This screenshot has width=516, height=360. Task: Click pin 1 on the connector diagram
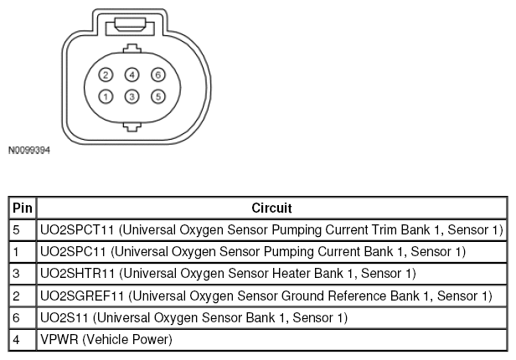point(106,96)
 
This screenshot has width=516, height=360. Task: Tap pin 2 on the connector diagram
point(106,75)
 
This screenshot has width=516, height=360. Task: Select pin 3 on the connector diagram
point(132,96)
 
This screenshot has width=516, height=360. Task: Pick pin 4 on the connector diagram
point(132,75)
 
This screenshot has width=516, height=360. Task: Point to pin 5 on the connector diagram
point(158,96)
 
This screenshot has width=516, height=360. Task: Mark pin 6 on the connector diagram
point(158,75)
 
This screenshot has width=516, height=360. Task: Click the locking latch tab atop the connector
point(130,25)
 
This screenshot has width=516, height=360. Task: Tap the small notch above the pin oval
point(132,49)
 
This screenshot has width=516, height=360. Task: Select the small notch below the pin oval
point(132,127)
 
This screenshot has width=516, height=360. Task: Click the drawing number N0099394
point(29,150)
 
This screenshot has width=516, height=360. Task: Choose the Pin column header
point(23,208)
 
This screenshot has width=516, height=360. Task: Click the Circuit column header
point(271,208)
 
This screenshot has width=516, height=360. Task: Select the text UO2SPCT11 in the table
point(77,229)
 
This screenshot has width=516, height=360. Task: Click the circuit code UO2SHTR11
point(77,274)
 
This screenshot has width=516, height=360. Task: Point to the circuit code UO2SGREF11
point(82,296)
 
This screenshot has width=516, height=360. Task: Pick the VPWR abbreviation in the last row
point(59,340)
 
